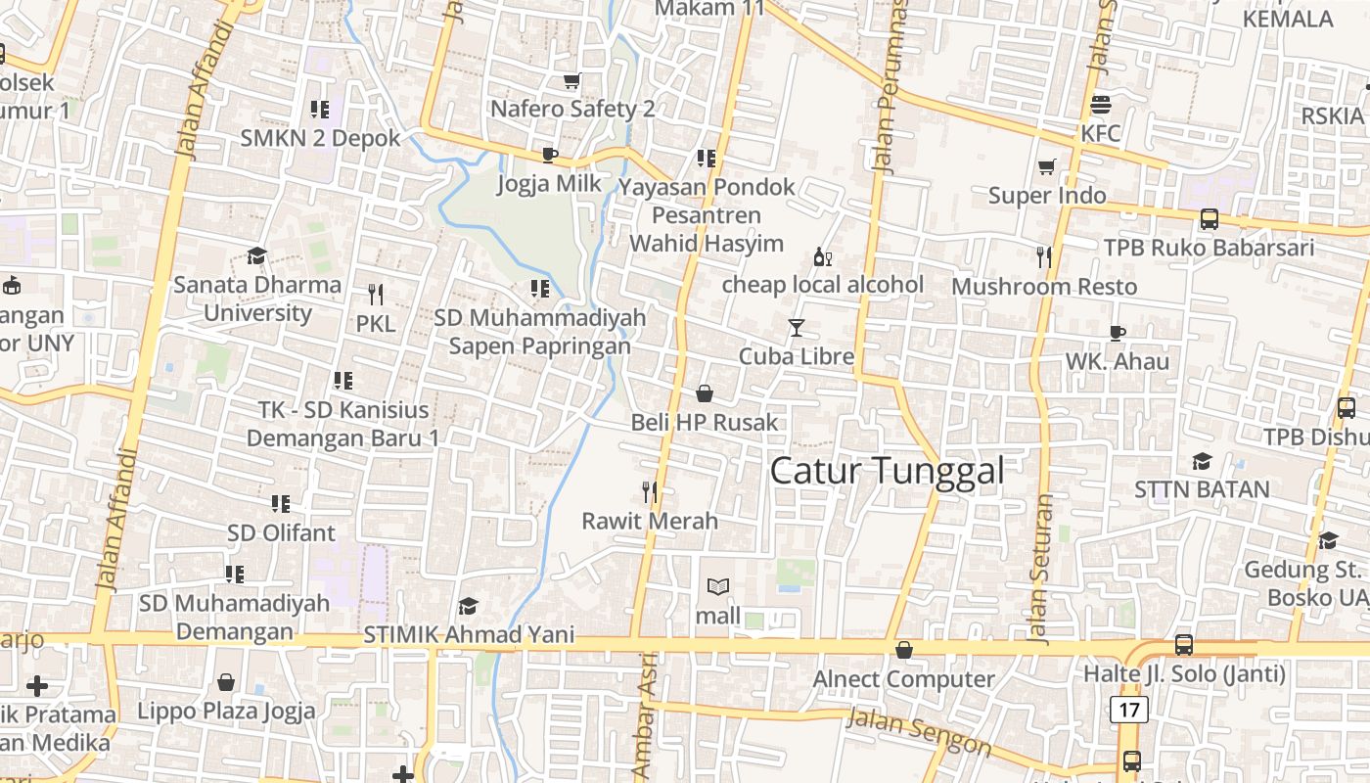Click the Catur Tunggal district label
click(x=887, y=471)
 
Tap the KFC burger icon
click(x=1101, y=105)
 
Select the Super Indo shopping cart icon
click(x=1047, y=167)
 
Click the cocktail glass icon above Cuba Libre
click(x=797, y=328)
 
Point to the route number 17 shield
click(x=1129, y=709)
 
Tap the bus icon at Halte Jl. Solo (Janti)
click(x=1184, y=645)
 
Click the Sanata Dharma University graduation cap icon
click(x=256, y=256)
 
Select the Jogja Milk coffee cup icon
click(x=550, y=155)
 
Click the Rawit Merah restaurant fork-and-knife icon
click(x=650, y=492)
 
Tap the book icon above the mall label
click(x=718, y=587)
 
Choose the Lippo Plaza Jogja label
click(x=226, y=711)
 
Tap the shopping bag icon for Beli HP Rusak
click(x=704, y=394)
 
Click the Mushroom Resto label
click(x=1044, y=287)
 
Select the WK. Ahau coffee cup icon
click(x=1118, y=333)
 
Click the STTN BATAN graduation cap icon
click(x=1202, y=462)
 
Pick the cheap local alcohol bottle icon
click(x=822, y=257)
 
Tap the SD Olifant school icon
click(x=281, y=504)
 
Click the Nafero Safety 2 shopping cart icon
click(x=571, y=80)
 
